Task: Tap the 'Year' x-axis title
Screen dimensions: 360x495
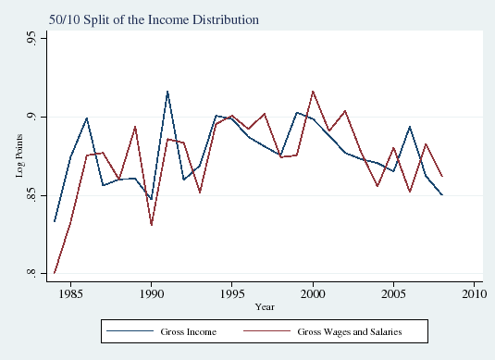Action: (265, 306)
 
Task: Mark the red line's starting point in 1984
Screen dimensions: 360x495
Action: (55, 273)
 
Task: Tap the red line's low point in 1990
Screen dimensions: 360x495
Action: (151, 225)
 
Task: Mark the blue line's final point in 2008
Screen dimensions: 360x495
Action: (442, 195)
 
